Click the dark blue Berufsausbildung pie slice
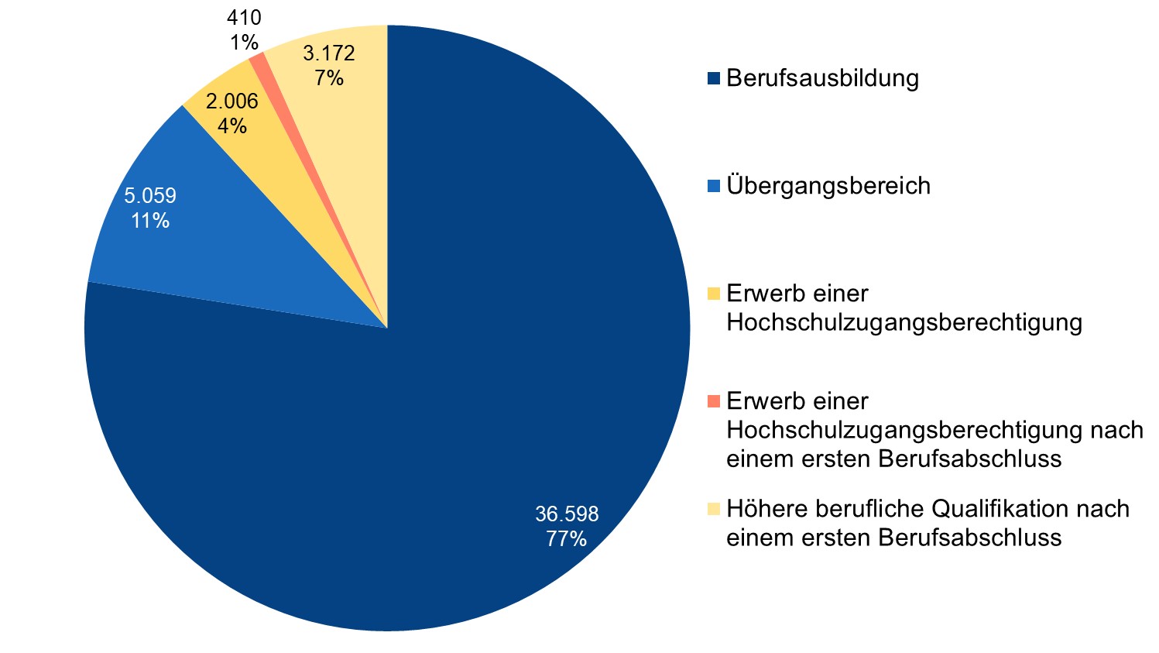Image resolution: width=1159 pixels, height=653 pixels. pyautogui.click(x=465, y=387)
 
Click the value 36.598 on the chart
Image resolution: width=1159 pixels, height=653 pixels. pyautogui.click(x=567, y=514)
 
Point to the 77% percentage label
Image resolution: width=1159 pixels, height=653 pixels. pyautogui.click(x=566, y=539)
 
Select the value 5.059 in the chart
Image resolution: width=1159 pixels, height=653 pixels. pyautogui.click(x=150, y=196)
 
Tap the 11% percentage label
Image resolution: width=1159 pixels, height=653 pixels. pyautogui.click(x=149, y=221)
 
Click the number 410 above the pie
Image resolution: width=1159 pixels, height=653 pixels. pyautogui.click(x=245, y=18)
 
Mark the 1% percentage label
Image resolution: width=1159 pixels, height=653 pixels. pyautogui.click(x=244, y=43)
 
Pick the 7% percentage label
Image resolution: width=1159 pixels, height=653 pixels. pyautogui.click(x=328, y=78)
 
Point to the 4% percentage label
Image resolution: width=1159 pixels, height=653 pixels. pyautogui.click(x=231, y=125)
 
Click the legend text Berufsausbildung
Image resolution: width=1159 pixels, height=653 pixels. pyautogui.click(x=822, y=79)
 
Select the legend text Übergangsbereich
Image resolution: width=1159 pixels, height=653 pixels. pyautogui.click(x=828, y=187)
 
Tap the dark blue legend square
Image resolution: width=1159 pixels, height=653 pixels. pyautogui.click(x=713, y=78)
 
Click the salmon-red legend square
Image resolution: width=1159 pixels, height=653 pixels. pyautogui.click(x=713, y=401)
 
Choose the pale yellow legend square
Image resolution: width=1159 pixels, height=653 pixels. pyautogui.click(x=713, y=509)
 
